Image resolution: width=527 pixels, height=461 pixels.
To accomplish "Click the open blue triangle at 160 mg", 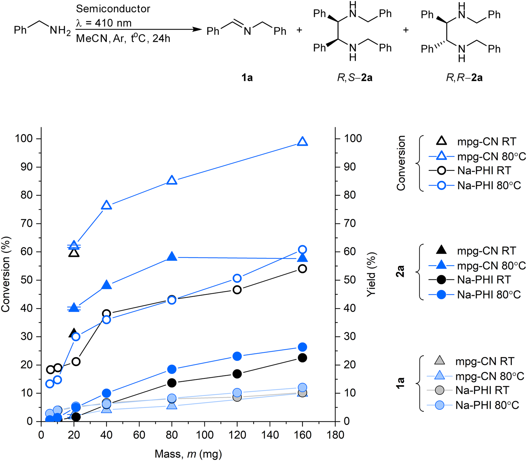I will [x=302, y=142].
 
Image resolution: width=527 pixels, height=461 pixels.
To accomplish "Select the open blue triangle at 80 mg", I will [x=172, y=180].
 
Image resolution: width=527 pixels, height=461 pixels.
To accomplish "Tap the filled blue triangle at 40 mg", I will [x=106, y=285].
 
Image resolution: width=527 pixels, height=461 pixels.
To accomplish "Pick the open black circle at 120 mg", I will [x=237, y=290].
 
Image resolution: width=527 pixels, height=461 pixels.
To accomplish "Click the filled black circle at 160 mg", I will [x=302, y=358].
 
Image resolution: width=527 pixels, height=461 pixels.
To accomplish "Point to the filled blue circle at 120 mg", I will [x=237, y=356].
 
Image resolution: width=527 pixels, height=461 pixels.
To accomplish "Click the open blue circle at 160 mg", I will [x=302, y=250].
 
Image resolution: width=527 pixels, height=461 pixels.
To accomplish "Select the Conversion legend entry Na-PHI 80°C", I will [x=489, y=186].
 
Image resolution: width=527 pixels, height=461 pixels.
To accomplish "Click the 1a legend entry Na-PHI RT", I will [x=482, y=390].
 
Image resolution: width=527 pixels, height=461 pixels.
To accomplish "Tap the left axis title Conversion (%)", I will [x=6, y=274].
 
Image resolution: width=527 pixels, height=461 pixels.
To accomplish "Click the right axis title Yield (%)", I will [x=371, y=274].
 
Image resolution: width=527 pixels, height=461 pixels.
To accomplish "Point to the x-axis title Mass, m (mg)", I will [x=188, y=454].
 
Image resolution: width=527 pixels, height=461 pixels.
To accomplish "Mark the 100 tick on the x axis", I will [x=204, y=435].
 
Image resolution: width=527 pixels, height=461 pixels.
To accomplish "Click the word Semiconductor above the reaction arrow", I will [x=113, y=9].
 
